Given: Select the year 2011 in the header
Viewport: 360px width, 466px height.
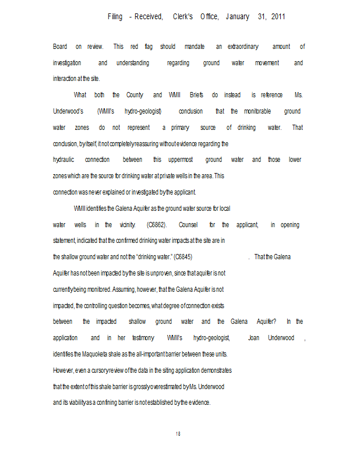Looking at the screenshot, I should (x=276, y=17).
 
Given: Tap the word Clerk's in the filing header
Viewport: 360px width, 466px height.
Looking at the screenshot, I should (x=183, y=17).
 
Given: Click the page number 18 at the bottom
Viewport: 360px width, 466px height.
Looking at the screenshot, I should (x=178, y=433).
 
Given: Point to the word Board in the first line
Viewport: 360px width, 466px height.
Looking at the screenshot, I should (x=60, y=47).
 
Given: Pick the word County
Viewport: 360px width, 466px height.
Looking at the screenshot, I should (x=135, y=95).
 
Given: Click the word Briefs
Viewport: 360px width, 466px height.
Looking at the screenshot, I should (x=196, y=95).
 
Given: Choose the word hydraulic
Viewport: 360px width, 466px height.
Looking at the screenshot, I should (x=63, y=160).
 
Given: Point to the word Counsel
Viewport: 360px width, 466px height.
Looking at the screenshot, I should (x=189, y=225).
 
